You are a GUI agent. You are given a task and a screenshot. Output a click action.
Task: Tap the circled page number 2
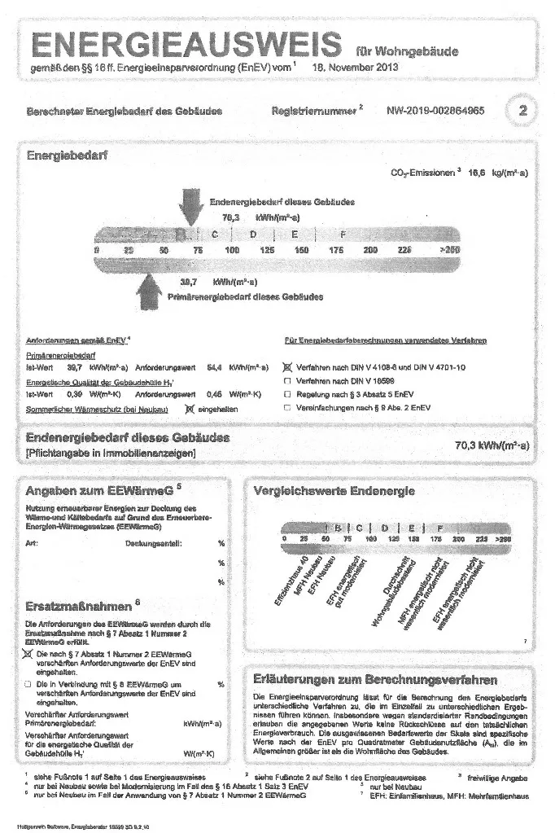tap(522, 112)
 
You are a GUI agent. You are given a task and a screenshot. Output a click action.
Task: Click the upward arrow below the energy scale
tap(151, 289)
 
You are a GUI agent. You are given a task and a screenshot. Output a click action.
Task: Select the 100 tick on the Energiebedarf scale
tap(232, 251)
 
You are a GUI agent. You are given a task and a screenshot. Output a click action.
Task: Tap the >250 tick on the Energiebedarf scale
tap(448, 251)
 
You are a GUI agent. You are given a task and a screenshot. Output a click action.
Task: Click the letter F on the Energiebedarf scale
tap(342, 235)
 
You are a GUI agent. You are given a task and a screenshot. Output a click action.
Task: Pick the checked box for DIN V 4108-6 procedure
tap(286, 368)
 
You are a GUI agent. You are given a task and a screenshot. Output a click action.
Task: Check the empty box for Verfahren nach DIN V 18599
tap(286, 381)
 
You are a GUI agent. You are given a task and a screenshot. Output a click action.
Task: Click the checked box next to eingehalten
tap(190, 409)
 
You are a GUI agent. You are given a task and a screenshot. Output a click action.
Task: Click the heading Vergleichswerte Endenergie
tap(334, 491)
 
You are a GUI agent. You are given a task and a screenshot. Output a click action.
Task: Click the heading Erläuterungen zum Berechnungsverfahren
tap(375, 679)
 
